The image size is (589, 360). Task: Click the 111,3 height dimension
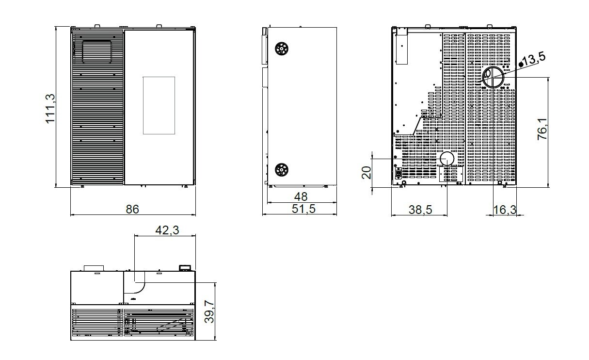50,108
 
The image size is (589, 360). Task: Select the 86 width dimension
132,209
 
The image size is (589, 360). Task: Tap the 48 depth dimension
301,196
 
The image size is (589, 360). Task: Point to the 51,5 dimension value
303,209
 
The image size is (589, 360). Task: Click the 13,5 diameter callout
534,59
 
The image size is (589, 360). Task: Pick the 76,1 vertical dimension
542,129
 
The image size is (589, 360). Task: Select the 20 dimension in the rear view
366,173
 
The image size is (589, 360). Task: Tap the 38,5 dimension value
420,210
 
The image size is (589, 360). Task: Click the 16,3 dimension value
505,210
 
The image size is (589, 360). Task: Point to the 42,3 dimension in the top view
167,230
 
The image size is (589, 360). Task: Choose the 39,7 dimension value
209,311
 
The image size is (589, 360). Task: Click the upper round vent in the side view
281,49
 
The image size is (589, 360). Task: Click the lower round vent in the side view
281,170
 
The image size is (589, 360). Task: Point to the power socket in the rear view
398,173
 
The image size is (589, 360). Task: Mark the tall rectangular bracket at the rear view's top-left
402,46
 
